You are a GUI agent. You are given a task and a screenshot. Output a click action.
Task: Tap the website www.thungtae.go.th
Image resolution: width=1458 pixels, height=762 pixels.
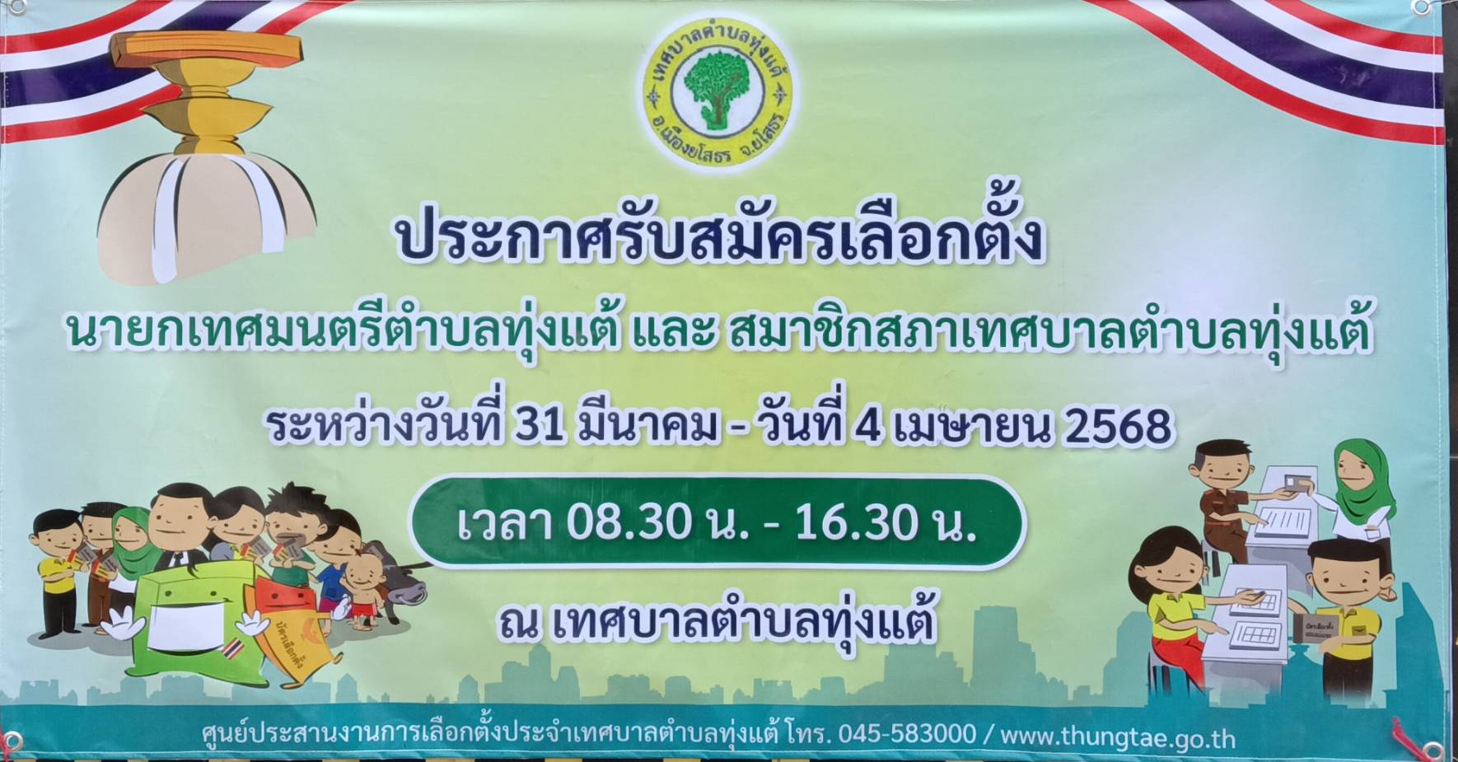point(1118,735)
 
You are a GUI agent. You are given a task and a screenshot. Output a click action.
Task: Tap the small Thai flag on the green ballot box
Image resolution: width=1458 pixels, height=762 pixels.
point(231,645)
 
